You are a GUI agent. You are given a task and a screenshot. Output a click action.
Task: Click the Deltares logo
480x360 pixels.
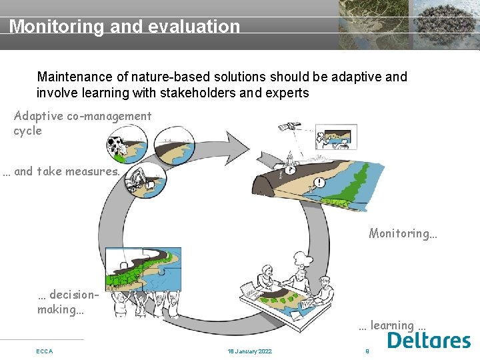[x=429, y=341]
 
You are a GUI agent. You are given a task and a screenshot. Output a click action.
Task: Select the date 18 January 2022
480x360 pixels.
[x=249, y=351]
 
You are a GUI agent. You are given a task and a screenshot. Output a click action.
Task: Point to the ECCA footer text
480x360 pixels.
[x=45, y=351]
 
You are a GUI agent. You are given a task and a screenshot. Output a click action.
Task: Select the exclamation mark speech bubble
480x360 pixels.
[x=320, y=183]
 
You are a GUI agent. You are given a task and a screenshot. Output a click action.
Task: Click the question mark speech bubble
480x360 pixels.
[x=291, y=170]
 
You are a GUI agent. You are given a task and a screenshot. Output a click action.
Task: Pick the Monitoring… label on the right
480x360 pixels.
[x=403, y=233]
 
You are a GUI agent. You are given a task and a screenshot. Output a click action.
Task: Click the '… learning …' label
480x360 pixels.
[x=392, y=325]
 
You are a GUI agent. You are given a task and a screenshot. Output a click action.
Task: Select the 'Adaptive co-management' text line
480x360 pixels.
[x=83, y=116]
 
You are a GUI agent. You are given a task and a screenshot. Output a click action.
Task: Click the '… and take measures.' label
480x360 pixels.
[x=61, y=171]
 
